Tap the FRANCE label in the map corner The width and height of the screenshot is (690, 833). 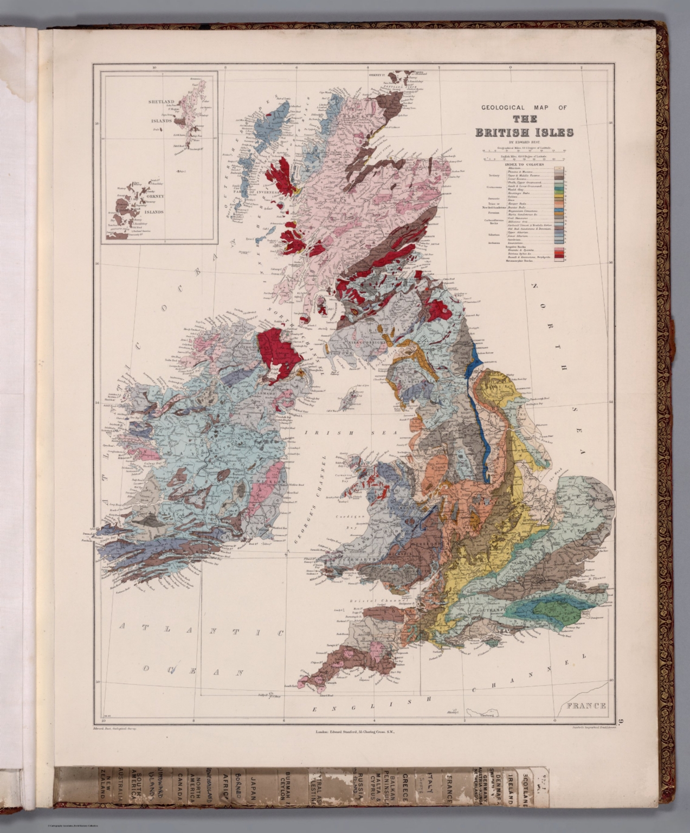[585, 706]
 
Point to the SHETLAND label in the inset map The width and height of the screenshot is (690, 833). [161, 102]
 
